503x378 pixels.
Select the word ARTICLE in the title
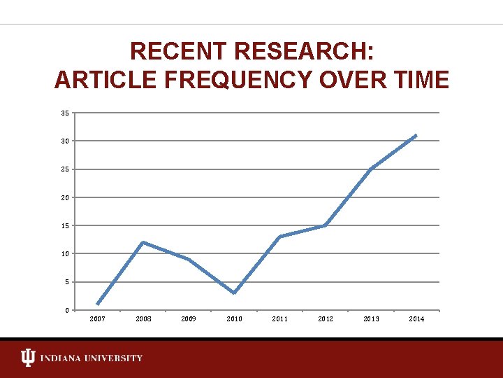pyautogui.click(x=99, y=80)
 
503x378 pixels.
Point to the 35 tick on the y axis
pyautogui.click(x=64, y=113)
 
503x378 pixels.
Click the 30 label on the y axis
pyautogui.click(x=64, y=141)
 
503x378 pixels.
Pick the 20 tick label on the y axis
pyautogui.click(x=64, y=197)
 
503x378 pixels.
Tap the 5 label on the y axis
pyautogui.click(x=66, y=282)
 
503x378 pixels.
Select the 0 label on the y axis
pyautogui.click(x=66, y=310)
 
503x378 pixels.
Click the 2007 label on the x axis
pyautogui.click(x=98, y=319)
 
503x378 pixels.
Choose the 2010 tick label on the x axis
pyautogui.click(x=235, y=319)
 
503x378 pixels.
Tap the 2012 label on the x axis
pyautogui.click(x=326, y=319)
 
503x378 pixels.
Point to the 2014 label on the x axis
pyautogui.click(x=416, y=319)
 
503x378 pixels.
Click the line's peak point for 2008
pyautogui.click(x=143, y=242)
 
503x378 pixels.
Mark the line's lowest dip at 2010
pyautogui.click(x=234, y=293)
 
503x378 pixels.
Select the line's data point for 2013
pyautogui.click(x=371, y=169)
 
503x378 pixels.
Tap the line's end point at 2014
pyautogui.click(x=416, y=135)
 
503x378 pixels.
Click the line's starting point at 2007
pyautogui.click(x=97, y=304)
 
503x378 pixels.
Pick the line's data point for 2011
pyautogui.click(x=279, y=237)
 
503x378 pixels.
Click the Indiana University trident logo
pyautogui.click(x=27, y=358)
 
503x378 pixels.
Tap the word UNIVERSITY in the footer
pyautogui.click(x=115, y=358)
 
